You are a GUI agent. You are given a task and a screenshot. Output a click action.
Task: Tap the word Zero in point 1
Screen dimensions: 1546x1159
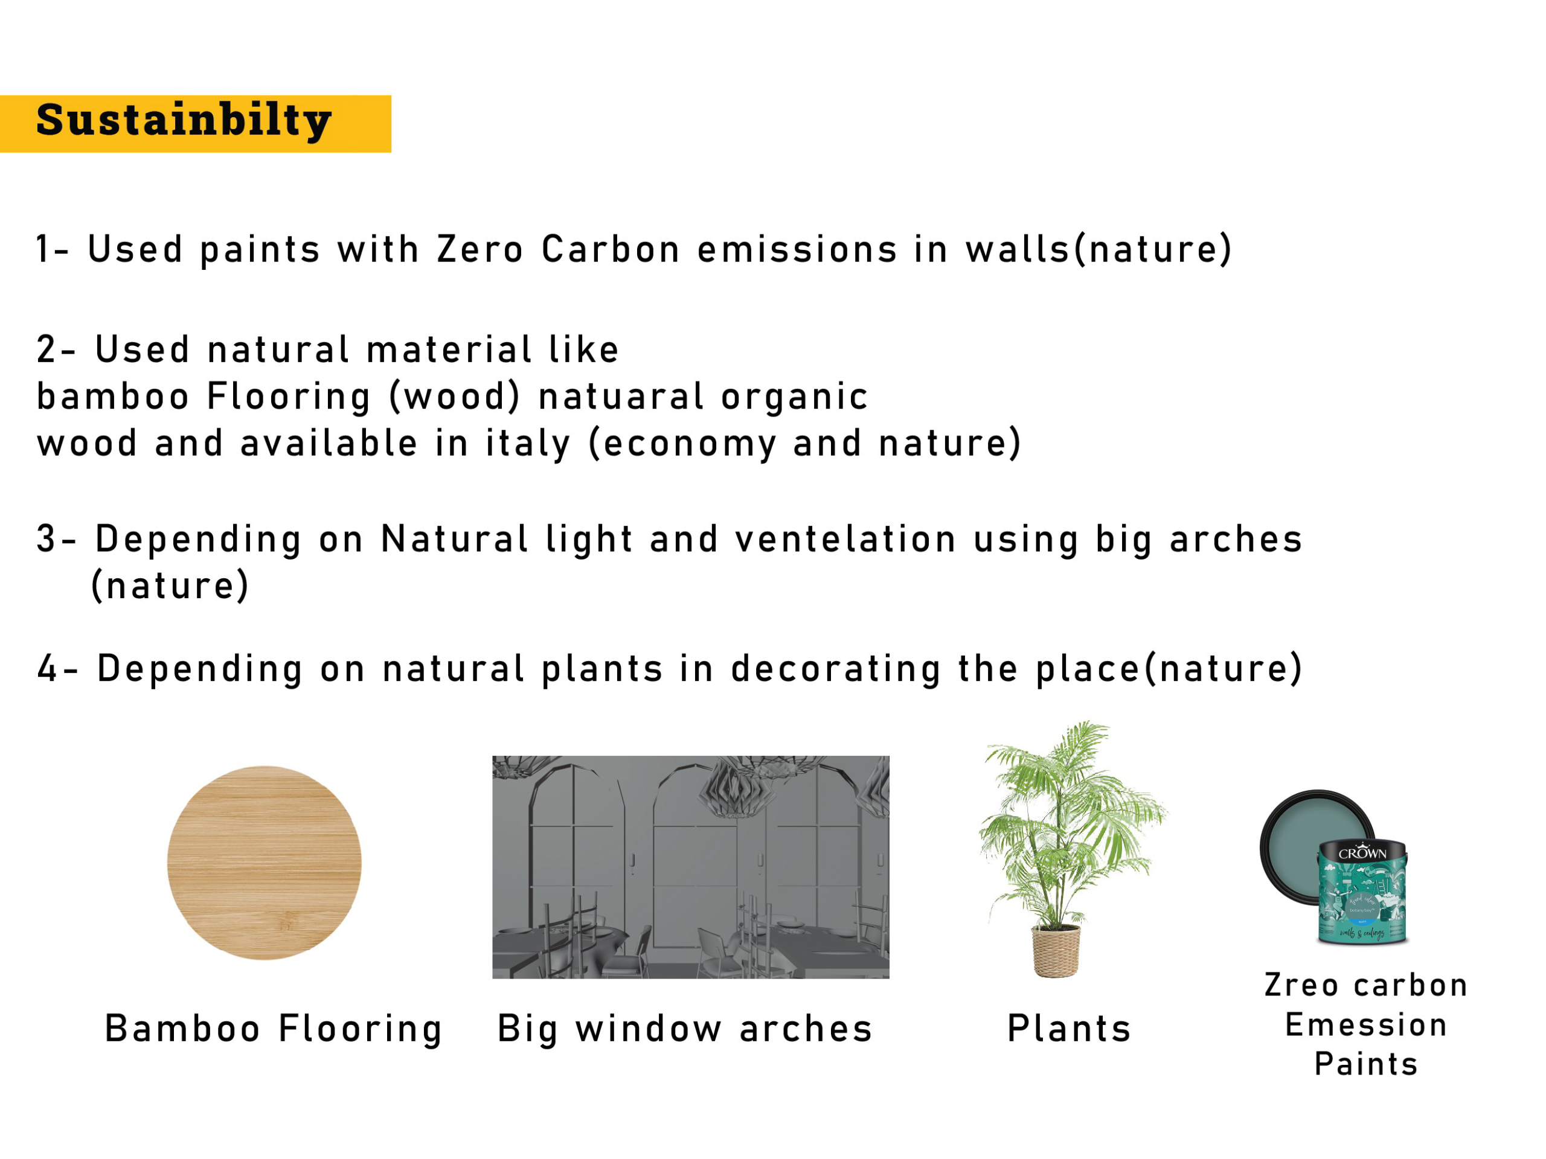480,249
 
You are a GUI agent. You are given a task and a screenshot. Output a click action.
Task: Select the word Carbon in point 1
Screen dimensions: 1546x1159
611,249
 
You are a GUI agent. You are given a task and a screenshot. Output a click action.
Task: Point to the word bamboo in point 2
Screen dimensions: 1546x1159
112,396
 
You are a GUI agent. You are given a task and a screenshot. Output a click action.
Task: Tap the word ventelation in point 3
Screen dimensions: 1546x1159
845,539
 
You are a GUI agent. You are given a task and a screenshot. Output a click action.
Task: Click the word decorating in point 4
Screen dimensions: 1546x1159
836,669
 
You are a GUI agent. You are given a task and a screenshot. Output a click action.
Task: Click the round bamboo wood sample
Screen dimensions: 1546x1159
264,863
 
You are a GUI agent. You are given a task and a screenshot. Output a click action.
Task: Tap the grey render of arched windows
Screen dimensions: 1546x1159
690,867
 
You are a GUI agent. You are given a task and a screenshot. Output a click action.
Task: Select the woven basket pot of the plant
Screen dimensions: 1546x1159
1056,950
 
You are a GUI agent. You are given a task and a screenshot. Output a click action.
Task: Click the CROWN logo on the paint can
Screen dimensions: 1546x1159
1362,853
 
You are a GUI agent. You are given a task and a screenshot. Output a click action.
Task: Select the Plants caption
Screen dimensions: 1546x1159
1070,1029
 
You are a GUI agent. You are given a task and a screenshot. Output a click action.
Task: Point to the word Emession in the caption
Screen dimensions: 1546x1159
1367,1026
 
